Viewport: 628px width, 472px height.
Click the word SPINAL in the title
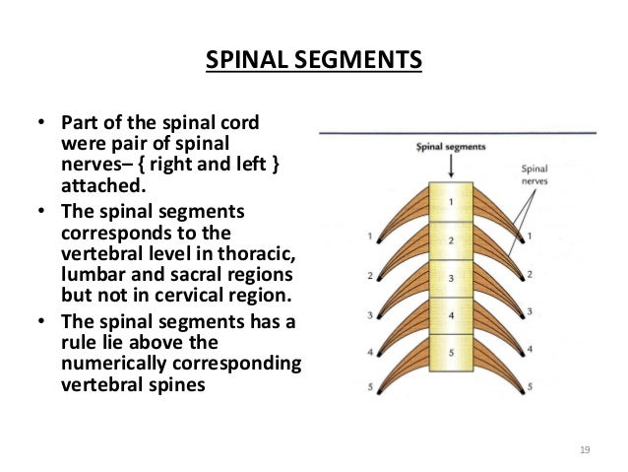[247, 59]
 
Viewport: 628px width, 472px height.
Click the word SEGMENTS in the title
[358, 59]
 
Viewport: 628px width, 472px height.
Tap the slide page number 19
[585, 449]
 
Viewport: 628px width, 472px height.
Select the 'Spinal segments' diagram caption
[451, 147]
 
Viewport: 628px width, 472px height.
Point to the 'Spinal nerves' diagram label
[534, 174]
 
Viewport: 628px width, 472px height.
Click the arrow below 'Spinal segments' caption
[451, 166]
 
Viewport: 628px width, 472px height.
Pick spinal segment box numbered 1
[451, 202]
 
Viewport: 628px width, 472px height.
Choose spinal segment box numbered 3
[451, 278]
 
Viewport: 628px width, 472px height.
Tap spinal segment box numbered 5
[451, 353]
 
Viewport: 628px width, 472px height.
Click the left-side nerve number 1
[370, 236]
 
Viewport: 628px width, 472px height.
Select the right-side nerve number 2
[530, 274]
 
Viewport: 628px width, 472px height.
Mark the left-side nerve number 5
[370, 387]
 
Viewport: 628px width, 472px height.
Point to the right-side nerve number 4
[530, 349]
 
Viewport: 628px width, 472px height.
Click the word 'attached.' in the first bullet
[103, 185]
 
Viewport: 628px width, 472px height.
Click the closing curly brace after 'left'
[276, 165]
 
